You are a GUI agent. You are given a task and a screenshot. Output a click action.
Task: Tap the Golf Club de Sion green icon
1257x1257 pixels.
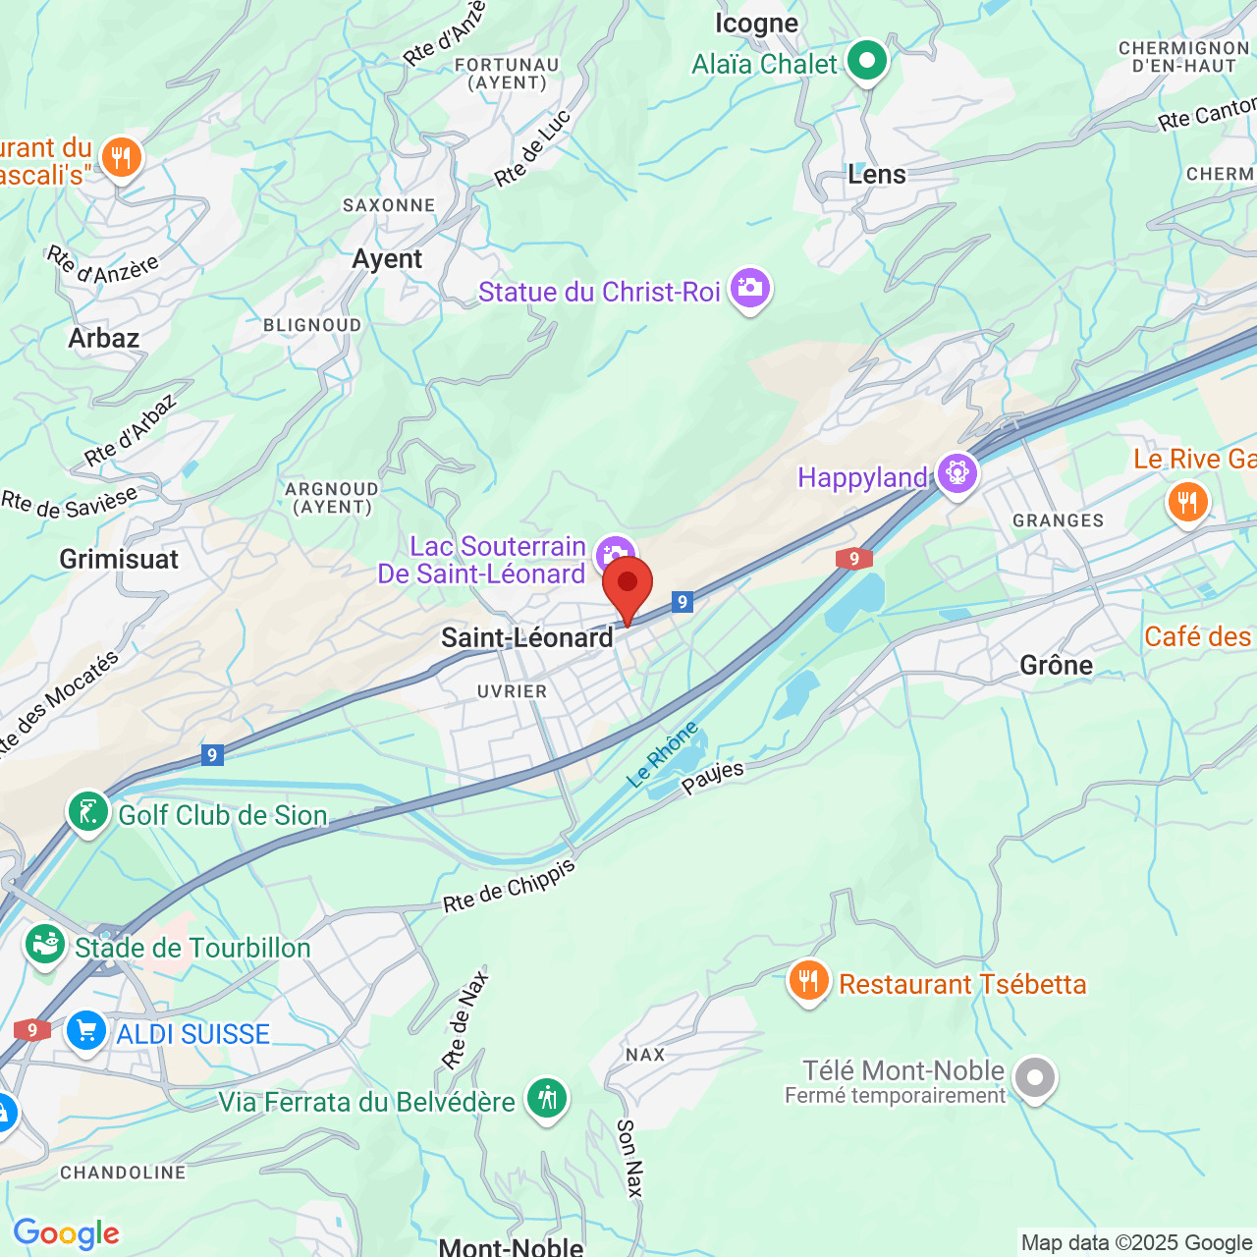(x=88, y=813)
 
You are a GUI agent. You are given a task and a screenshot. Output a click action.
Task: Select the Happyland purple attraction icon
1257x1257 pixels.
(x=956, y=475)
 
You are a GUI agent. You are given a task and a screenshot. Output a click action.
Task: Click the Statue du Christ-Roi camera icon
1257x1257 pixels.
(x=750, y=290)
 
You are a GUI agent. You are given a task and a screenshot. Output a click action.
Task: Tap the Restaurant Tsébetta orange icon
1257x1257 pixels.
(x=808, y=981)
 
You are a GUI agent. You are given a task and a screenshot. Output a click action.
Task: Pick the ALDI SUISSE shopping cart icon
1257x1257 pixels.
(x=87, y=1032)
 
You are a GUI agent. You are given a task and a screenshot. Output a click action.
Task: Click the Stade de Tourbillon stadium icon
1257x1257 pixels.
(x=45, y=946)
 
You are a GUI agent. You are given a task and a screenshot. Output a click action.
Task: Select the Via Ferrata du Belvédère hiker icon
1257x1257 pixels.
(x=547, y=1099)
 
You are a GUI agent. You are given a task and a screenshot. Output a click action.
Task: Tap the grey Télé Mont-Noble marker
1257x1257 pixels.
(x=1034, y=1078)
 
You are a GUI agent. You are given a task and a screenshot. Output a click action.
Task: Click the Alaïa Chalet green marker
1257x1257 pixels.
(x=867, y=62)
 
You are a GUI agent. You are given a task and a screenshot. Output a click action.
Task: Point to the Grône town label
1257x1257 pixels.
(x=1056, y=666)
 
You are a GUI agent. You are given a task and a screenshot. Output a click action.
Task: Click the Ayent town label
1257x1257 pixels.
(x=387, y=259)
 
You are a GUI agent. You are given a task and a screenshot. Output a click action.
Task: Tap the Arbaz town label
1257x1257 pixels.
(x=104, y=339)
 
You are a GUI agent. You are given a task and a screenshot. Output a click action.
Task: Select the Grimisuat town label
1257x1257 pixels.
(x=119, y=560)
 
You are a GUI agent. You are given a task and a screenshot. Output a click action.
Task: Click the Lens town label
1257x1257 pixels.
(x=877, y=175)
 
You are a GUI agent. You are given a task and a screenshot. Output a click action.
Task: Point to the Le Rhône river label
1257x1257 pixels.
(x=663, y=753)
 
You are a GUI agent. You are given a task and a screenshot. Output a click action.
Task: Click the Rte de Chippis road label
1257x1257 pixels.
(x=509, y=886)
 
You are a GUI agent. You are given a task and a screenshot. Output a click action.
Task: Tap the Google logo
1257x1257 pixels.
(x=67, y=1233)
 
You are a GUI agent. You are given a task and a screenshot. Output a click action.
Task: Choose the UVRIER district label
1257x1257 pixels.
(x=512, y=691)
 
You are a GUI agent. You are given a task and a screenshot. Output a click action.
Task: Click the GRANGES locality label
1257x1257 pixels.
(x=1058, y=520)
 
